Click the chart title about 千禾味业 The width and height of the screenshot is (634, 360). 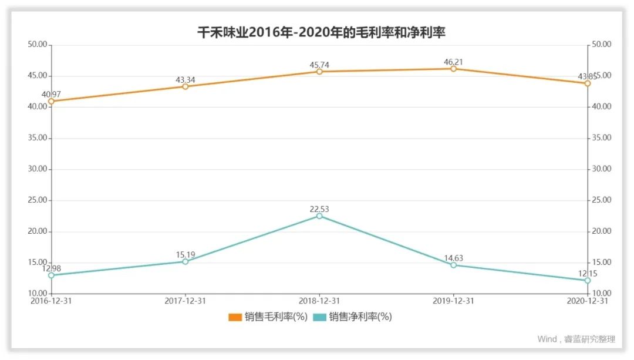pyautogui.click(x=321, y=32)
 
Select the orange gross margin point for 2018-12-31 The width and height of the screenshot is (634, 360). pyautogui.click(x=319, y=72)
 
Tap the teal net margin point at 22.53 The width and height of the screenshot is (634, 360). pyautogui.click(x=319, y=216)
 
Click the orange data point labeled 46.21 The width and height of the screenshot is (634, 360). pyautogui.click(x=453, y=69)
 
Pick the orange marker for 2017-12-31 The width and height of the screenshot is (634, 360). pyautogui.click(x=185, y=86)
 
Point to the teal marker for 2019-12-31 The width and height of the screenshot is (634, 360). pyautogui.click(x=453, y=265)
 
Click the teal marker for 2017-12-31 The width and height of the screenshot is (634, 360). pyautogui.click(x=185, y=261)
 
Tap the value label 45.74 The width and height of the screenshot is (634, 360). pyautogui.click(x=319, y=64)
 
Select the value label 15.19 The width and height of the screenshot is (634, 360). pyautogui.click(x=185, y=254)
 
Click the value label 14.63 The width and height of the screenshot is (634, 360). pyautogui.click(x=453, y=258)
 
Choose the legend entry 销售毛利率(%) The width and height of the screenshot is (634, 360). pyautogui.click(x=268, y=317)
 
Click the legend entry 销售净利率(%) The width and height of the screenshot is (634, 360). pyautogui.click(x=353, y=317)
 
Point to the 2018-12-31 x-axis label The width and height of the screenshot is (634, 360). pyautogui.click(x=319, y=300)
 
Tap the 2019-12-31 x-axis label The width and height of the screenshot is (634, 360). pyautogui.click(x=453, y=300)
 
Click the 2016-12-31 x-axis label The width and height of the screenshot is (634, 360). pyautogui.click(x=51, y=300)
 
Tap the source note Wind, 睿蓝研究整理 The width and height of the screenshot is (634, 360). pyautogui.click(x=576, y=339)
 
